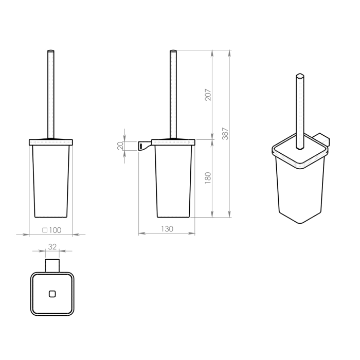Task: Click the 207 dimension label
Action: click(208, 94)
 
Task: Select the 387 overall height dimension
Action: click(225, 134)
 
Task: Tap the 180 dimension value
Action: click(208, 178)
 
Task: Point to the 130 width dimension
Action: click(167, 229)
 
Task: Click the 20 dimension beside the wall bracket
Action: click(120, 146)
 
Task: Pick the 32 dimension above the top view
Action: click(52, 246)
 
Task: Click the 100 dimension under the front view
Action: click(55, 230)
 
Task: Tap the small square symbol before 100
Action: click(45, 230)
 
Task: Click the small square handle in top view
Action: click(52, 294)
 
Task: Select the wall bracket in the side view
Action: click(145, 146)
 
